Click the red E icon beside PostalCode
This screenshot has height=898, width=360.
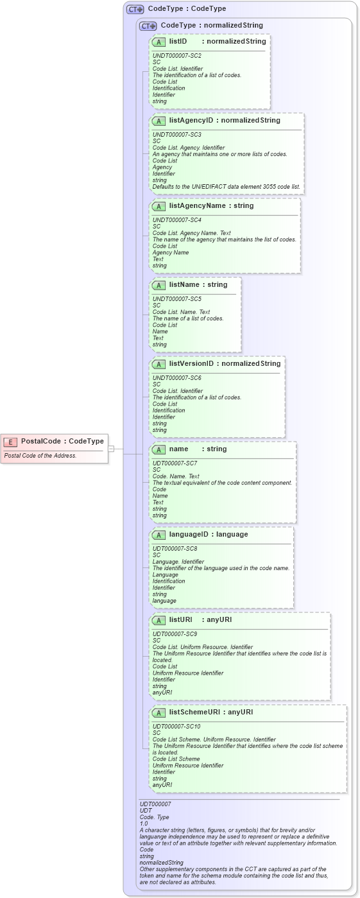tap(10, 442)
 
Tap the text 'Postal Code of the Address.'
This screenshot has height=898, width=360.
tap(40, 456)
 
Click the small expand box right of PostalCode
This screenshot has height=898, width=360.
tap(111, 449)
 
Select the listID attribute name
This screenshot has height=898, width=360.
tap(178, 41)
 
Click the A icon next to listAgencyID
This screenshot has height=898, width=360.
tap(159, 121)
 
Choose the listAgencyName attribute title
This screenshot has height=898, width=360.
tap(202, 206)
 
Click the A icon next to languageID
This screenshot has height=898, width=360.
tap(159, 535)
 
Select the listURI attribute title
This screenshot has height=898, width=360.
tap(180, 620)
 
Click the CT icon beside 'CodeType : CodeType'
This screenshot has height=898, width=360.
tap(135, 10)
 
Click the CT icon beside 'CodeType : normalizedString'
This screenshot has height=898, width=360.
tap(148, 26)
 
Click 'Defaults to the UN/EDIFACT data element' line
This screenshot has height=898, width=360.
tap(226, 187)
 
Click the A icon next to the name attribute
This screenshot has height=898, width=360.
tap(159, 449)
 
